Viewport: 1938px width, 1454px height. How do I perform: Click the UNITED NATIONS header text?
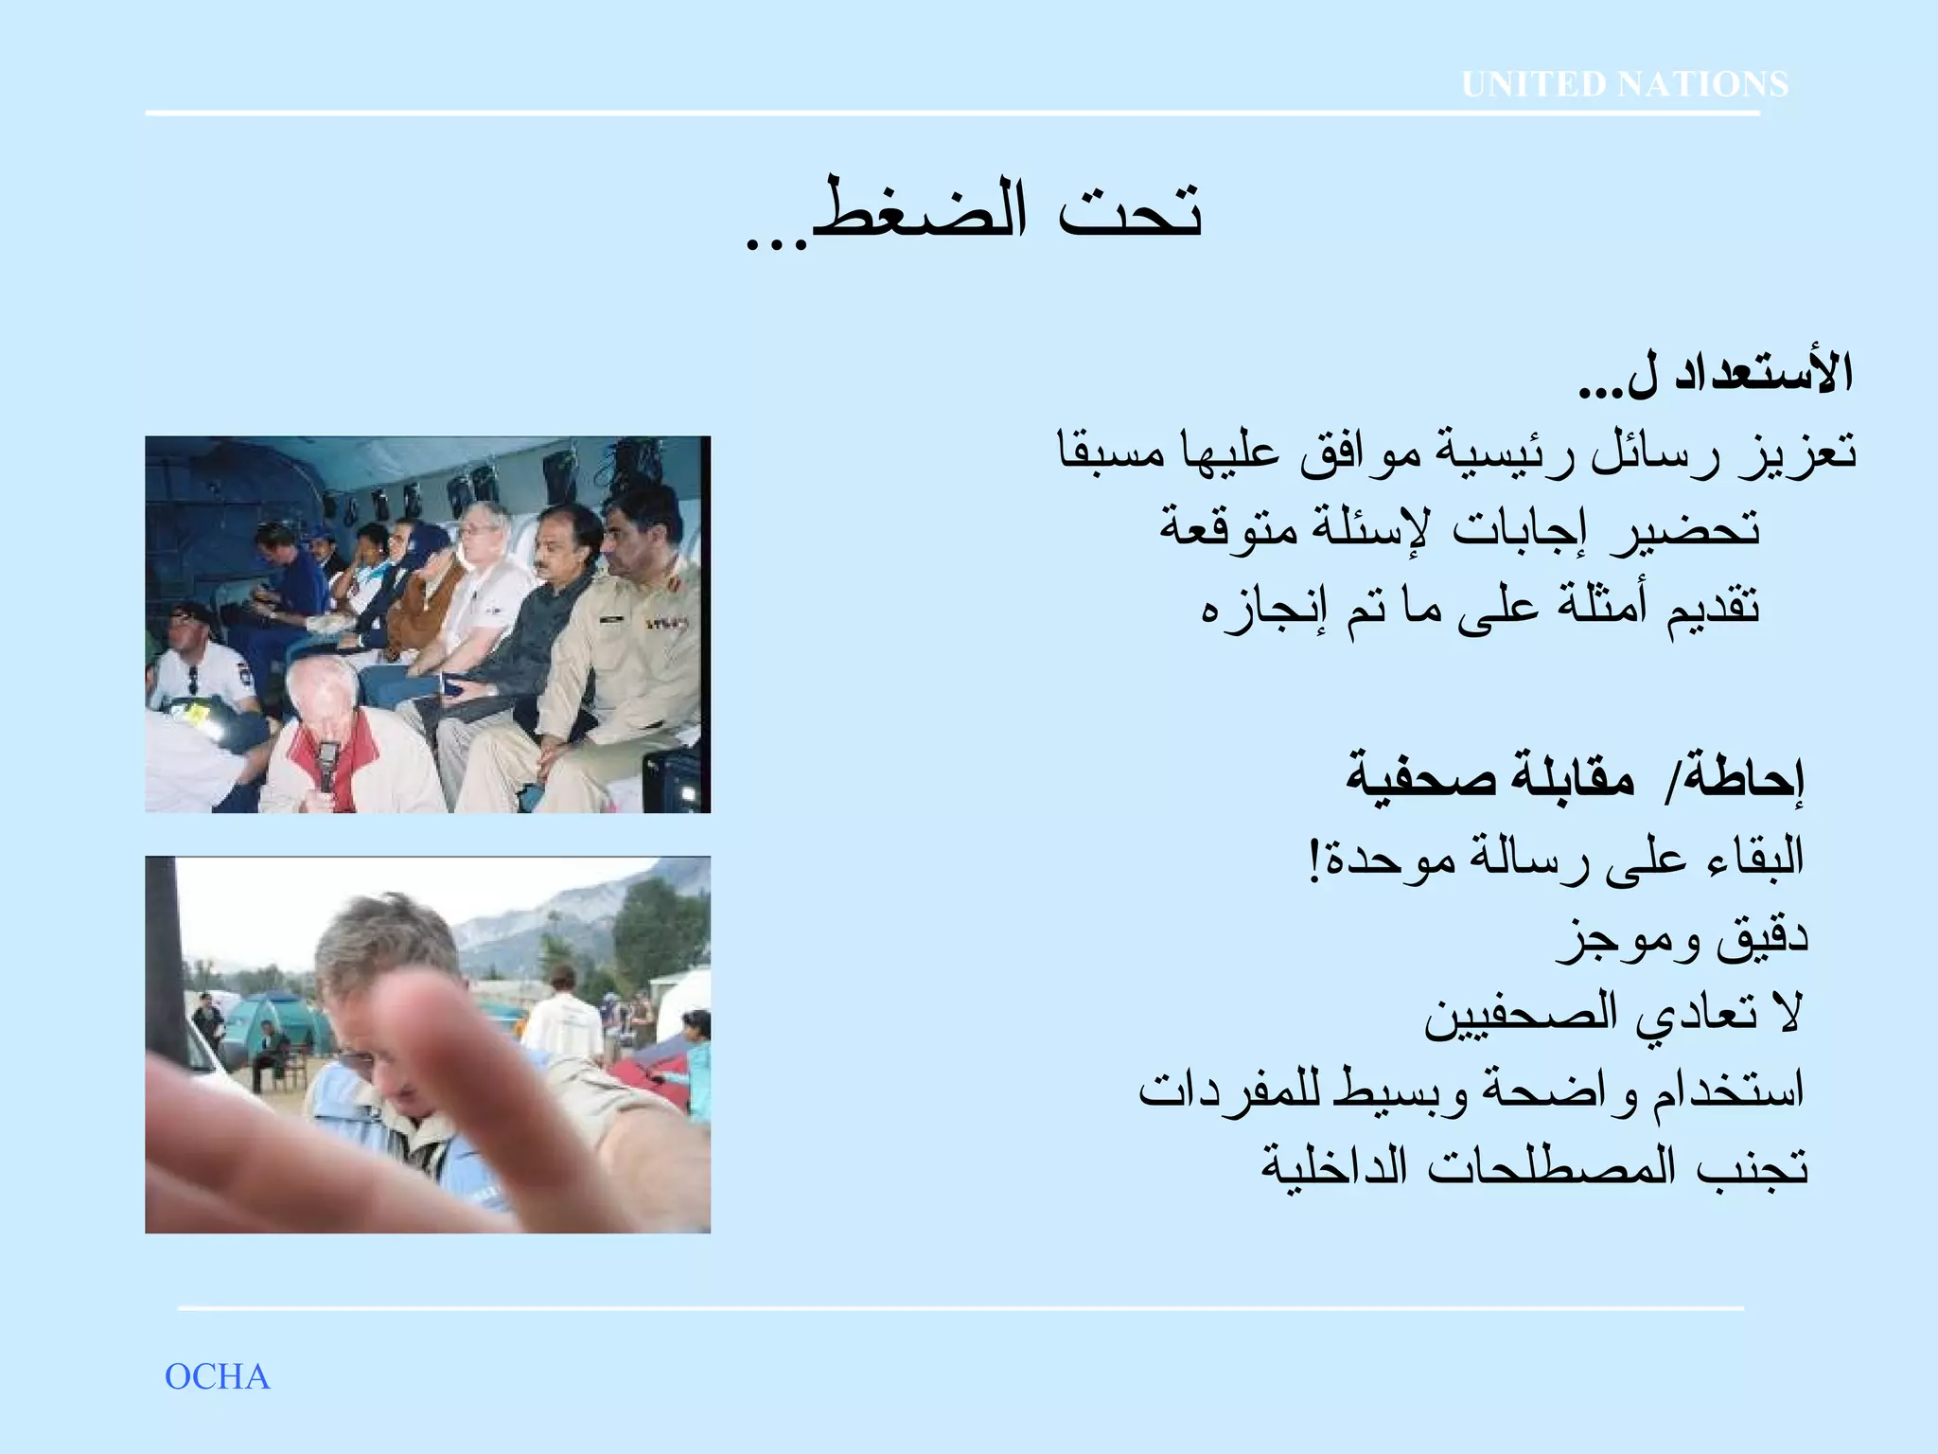tap(1624, 85)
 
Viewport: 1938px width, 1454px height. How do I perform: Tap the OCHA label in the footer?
tap(218, 1376)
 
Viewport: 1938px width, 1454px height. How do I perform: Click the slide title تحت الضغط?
tap(975, 212)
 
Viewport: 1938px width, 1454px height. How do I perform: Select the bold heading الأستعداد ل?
tap(1715, 375)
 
